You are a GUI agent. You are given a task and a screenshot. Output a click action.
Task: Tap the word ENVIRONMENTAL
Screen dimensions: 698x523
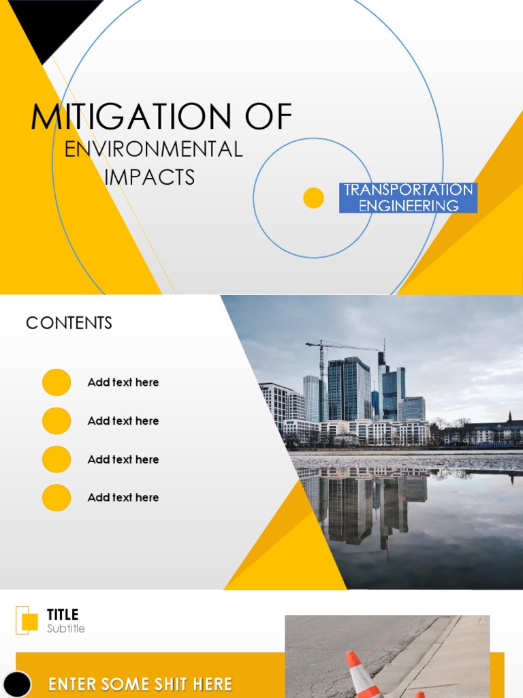pos(153,149)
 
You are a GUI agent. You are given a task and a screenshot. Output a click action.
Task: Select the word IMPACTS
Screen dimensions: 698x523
pos(150,177)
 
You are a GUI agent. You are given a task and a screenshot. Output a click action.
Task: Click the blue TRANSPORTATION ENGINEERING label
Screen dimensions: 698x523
pos(408,198)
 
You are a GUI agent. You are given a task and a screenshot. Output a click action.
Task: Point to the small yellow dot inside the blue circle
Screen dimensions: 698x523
pos(313,198)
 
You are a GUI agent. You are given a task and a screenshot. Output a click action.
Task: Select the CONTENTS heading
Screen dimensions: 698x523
pos(69,323)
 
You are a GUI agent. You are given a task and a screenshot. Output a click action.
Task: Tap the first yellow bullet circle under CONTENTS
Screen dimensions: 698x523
pos(57,382)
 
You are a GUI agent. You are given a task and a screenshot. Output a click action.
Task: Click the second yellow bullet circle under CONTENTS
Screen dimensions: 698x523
pos(57,421)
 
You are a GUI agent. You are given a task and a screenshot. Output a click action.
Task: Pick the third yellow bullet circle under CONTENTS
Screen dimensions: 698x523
pos(57,459)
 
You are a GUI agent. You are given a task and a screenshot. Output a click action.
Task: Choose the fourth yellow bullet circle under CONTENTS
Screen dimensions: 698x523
pos(57,498)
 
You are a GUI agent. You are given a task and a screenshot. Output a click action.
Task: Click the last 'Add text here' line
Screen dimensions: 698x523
pos(123,498)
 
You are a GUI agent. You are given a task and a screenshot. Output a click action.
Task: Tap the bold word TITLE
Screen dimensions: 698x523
pos(63,615)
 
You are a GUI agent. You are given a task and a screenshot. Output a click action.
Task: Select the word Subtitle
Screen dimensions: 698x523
pos(66,628)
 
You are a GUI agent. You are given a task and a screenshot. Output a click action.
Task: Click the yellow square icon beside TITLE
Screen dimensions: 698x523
pos(29,621)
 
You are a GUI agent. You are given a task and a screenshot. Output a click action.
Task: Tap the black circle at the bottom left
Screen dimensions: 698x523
pos(18,684)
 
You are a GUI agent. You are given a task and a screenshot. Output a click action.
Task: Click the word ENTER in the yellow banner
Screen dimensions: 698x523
pos(72,684)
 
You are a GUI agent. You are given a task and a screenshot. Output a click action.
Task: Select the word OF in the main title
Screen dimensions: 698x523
pos(268,117)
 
